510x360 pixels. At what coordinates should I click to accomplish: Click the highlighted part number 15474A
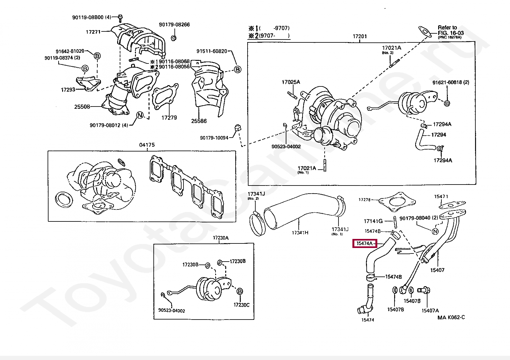point(365,243)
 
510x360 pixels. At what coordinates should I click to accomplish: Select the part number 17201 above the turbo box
point(360,36)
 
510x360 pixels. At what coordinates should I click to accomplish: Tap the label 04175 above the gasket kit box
point(147,145)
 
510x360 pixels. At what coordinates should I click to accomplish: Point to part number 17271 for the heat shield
point(93,32)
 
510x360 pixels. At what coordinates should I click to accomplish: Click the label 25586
point(199,121)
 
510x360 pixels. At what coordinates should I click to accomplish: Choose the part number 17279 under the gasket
point(169,118)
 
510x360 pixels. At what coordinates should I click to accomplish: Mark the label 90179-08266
point(174,25)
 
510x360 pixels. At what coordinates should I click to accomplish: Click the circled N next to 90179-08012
point(140,115)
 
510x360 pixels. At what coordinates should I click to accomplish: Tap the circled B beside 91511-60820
point(238,69)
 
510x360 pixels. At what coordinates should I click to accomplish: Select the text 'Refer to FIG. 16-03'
point(450,30)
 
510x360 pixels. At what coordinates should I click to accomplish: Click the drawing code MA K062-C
point(451,317)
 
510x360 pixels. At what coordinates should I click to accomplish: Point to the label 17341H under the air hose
point(300,232)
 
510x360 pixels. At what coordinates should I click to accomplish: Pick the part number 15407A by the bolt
point(430,310)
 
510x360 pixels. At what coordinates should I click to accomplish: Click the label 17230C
point(241,305)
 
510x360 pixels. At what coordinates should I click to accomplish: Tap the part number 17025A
point(291,82)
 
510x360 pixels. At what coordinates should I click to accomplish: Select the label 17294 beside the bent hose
point(438,135)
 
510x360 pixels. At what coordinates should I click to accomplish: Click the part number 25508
point(82,107)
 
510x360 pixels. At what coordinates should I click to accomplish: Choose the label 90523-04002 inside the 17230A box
point(172,311)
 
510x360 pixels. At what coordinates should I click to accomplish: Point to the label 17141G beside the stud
point(373,221)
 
